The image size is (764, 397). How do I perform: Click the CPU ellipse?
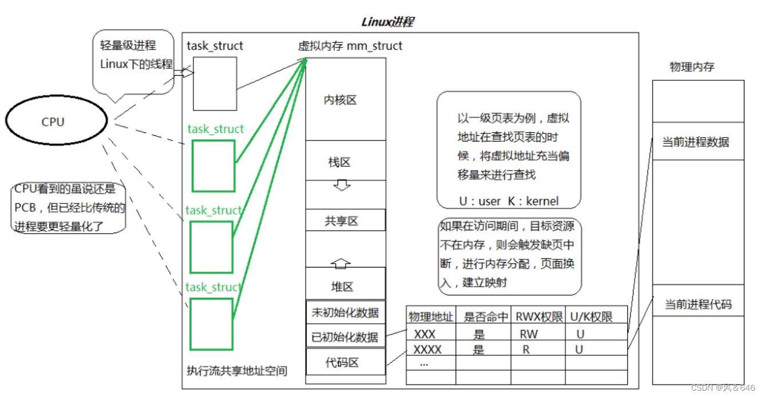56,121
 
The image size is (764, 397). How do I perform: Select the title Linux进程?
387,22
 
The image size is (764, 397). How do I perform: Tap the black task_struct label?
215,46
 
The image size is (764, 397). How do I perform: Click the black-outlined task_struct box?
215,84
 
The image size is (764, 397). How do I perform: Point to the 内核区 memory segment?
340,100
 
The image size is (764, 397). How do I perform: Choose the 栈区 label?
339,162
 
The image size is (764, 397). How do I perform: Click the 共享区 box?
341,221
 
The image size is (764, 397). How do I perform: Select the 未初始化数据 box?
345,312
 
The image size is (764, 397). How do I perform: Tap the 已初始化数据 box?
345,337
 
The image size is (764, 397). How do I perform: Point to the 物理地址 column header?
430,317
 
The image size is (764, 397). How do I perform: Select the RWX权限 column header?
538,317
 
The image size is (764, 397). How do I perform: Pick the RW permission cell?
529,334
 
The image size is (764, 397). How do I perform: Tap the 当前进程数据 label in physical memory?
695,142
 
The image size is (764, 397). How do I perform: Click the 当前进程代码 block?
698,305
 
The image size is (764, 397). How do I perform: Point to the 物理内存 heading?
692,67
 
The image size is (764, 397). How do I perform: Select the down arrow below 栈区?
342,186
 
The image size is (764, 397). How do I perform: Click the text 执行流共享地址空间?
237,371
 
